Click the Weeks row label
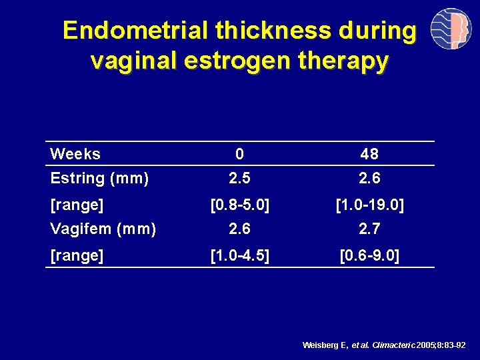[x=75, y=154]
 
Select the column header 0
[x=239, y=154]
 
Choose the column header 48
[x=369, y=154]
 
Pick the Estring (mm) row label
[x=99, y=178]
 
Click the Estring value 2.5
[x=239, y=178]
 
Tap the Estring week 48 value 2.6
[x=369, y=178]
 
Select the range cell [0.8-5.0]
[x=240, y=205]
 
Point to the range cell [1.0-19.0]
[x=369, y=205]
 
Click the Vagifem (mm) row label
[x=103, y=229]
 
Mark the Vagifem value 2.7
[x=369, y=229]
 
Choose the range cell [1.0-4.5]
[x=240, y=255]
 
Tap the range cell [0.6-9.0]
[x=369, y=255]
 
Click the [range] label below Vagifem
[x=77, y=255]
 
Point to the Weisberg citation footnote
[x=383, y=345]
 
